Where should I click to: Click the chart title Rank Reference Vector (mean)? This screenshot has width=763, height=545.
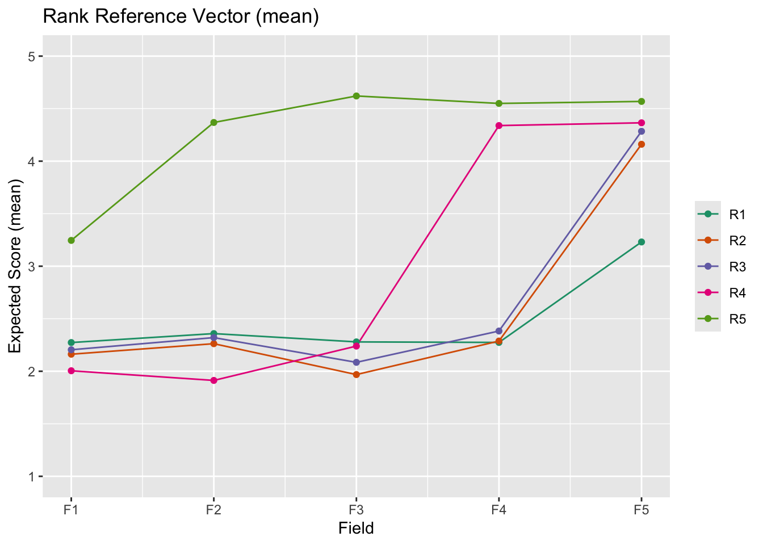click(x=181, y=16)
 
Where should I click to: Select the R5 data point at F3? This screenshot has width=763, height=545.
click(x=356, y=96)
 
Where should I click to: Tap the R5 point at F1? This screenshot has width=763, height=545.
click(x=71, y=241)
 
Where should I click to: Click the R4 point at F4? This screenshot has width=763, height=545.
click(x=499, y=125)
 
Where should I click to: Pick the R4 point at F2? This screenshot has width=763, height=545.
click(x=213, y=380)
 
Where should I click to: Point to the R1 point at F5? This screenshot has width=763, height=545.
click(x=642, y=242)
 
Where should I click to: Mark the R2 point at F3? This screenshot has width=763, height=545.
click(x=356, y=375)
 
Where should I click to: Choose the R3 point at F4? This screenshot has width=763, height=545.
click(x=499, y=331)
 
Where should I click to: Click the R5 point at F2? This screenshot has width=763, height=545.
click(x=213, y=123)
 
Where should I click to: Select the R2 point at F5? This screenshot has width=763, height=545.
click(x=642, y=144)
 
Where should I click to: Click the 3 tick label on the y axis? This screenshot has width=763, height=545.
click(x=32, y=266)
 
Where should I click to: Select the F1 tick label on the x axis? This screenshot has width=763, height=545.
click(x=71, y=510)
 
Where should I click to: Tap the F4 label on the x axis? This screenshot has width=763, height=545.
click(x=499, y=510)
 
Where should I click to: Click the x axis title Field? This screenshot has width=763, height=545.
click(x=356, y=529)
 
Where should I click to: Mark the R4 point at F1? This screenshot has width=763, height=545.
click(x=71, y=371)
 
